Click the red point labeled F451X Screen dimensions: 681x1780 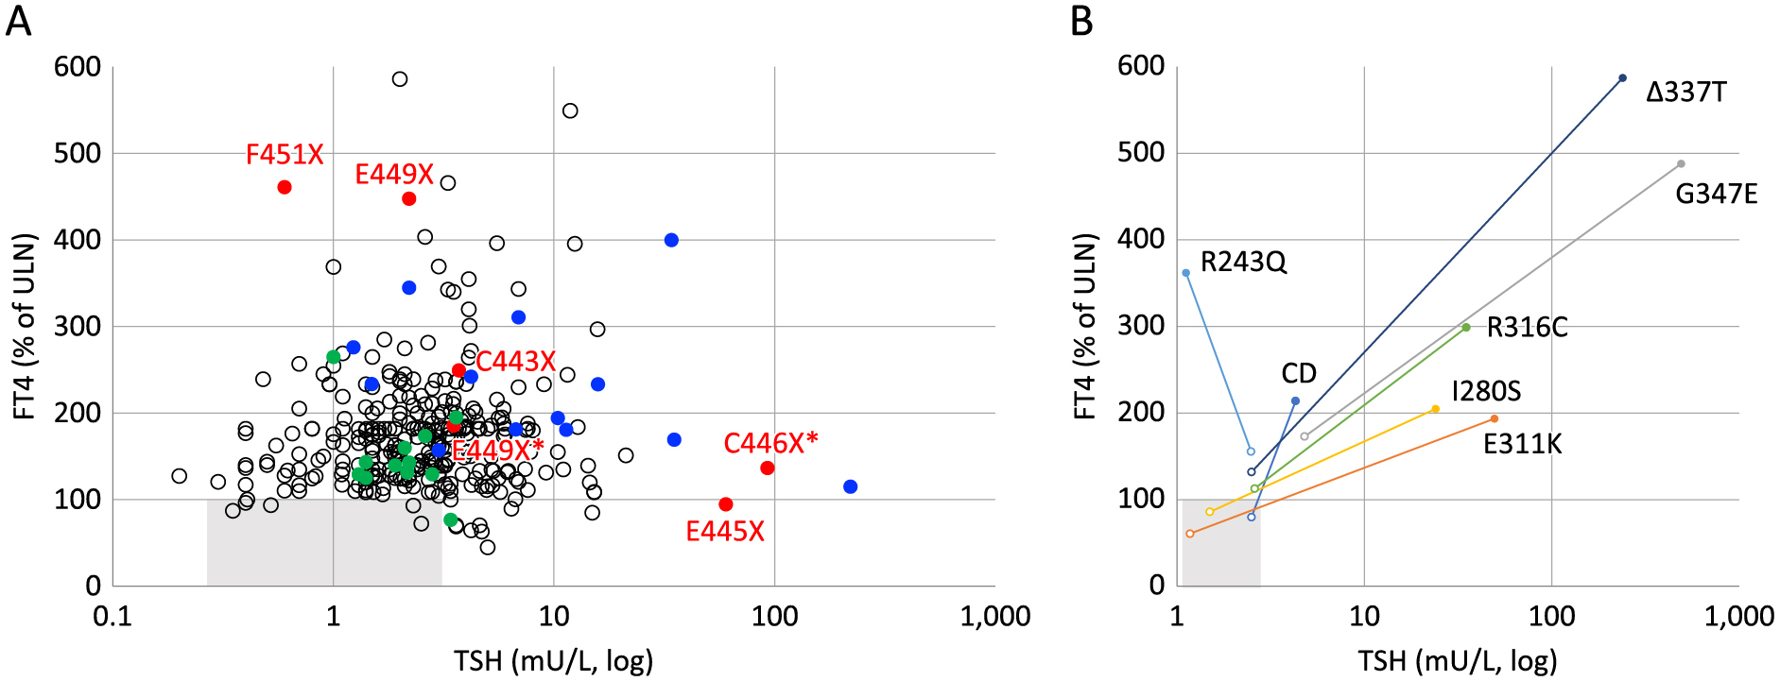[285, 187]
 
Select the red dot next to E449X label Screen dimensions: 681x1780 [409, 198]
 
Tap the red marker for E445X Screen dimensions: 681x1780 [726, 504]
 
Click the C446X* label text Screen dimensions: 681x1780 [770, 443]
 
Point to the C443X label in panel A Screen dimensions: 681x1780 [515, 361]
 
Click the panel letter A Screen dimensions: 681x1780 [19, 21]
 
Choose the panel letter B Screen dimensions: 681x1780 [1081, 21]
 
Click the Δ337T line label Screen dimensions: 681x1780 [1686, 93]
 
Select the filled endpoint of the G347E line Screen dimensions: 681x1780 [1681, 164]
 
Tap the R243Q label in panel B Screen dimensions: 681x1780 [1243, 262]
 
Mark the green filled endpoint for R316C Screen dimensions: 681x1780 [1466, 328]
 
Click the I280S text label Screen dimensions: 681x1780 [1487, 391]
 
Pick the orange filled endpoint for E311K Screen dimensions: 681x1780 [1495, 418]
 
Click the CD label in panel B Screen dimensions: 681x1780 [1299, 373]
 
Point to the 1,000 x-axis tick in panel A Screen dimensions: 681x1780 [995, 617]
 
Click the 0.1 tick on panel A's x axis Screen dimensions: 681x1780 [112, 617]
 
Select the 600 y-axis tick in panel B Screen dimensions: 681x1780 [1141, 66]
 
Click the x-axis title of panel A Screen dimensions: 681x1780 [553, 660]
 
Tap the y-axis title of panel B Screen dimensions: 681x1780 [1085, 326]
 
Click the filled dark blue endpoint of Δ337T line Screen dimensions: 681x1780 [1623, 78]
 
